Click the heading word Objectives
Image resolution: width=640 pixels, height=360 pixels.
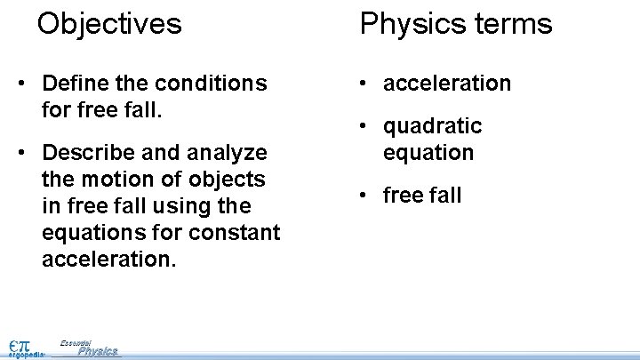pos(109,23)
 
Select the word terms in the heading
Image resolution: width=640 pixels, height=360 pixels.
pos(508,24)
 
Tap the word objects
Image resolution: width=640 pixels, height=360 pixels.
pos(226,180)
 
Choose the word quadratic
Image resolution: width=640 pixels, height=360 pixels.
pos(432,126)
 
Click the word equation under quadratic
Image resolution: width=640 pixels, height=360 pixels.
pos(428,152)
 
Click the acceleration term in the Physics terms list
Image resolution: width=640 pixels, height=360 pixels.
pos(447,84)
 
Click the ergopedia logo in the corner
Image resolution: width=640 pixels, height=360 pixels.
pos(24,348)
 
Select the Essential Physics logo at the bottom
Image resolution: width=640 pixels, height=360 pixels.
pos(89,348)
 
